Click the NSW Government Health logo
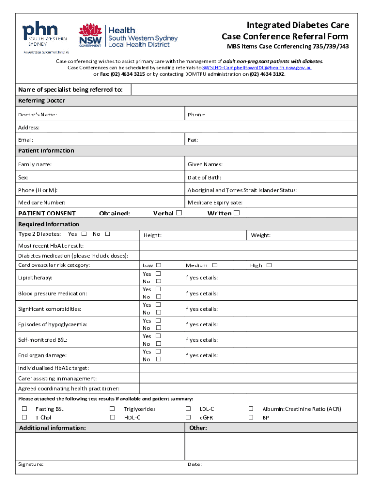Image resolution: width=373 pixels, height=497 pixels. (x=128, y=36)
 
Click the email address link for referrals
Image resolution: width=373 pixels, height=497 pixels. (x=257, y=68)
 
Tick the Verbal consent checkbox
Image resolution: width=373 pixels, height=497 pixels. (x=179, y=213)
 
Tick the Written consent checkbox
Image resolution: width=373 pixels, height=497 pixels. (x=236, y=213)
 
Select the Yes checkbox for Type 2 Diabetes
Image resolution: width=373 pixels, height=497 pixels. (x=84, y=234)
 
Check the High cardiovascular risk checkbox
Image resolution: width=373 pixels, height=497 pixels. (x=269, y=265)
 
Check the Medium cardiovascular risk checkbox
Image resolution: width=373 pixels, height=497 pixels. (x=215, y=265)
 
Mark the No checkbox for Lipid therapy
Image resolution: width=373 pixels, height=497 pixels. (x=158, y=282)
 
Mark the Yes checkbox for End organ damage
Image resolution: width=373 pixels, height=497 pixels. (x=158, y=351)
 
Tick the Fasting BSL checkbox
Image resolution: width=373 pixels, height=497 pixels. (x=24, y=409)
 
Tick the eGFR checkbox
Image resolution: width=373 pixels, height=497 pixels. (x=188, y=417)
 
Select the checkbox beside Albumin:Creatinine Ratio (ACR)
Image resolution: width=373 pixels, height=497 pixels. (x=251, y=409)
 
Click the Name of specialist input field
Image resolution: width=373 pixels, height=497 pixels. (x=244, y=89)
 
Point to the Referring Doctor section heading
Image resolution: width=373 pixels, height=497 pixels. (x=42, y=101)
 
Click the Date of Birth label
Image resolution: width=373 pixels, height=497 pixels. (x=204, y=178)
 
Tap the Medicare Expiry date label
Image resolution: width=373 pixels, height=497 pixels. (x=215, y=202)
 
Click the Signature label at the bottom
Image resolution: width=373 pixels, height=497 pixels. (x=31, y=464)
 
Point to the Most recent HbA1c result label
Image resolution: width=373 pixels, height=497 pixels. (x=47, y=246)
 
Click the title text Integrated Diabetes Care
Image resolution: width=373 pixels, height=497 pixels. (x=297, y=25)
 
